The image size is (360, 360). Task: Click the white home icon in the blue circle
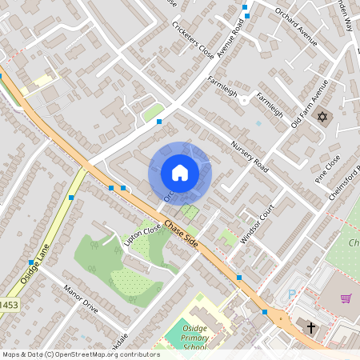click(x=180, y=172)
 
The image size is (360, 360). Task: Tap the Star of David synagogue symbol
click(x=323, y=118)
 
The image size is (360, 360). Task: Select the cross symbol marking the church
click(x=312, y=326)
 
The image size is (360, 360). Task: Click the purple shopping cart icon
click(x=346, y=298)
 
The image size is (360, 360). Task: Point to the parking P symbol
click(x=291, y=294)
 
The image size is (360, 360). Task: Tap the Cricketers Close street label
click(x=192, y=39)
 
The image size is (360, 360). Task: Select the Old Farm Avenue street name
click(x=310, y=104)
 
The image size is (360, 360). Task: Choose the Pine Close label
click(x=328, y=169)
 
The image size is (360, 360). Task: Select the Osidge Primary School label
click(x=186, y=339)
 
